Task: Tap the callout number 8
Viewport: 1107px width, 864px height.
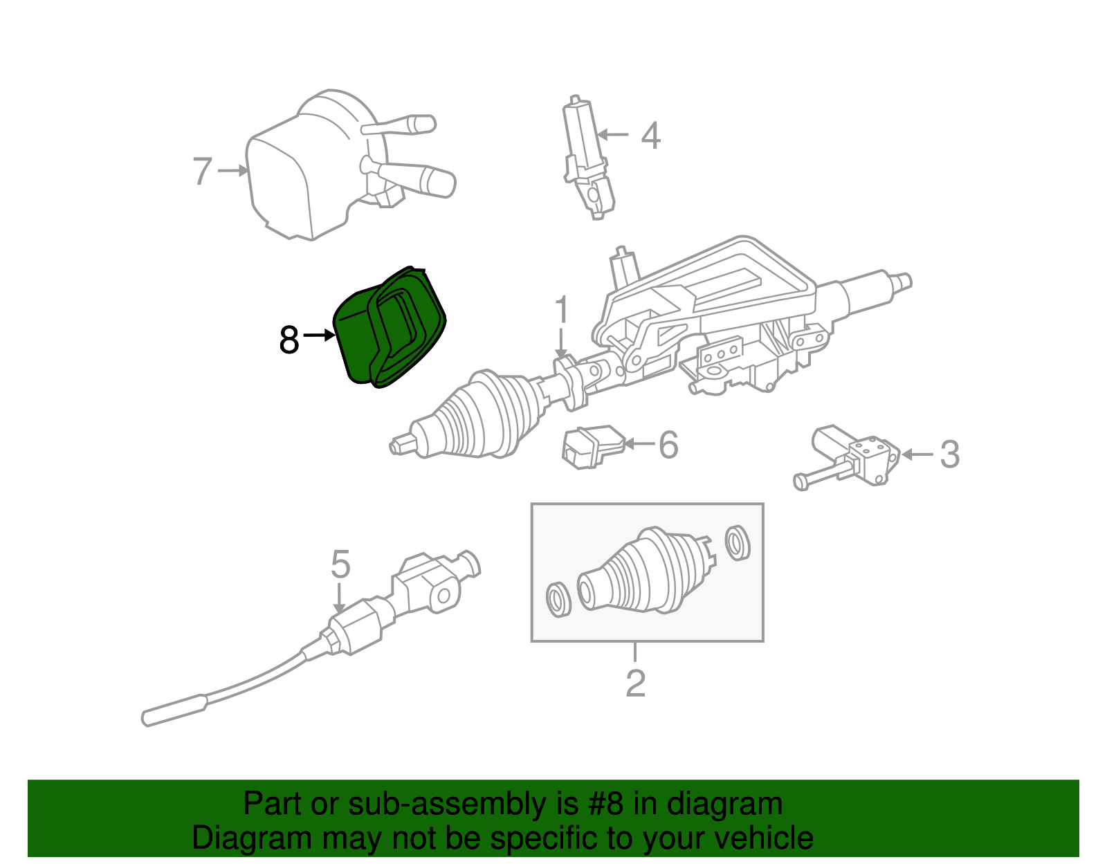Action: point(289,340)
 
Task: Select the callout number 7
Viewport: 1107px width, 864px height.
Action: point(201,171)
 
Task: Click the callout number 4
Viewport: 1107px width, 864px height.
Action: point(650,136)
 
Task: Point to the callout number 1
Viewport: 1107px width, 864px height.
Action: point(562,310)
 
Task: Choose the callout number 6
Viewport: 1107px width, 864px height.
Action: point(668,445)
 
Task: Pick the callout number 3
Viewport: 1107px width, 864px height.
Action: point(949,454)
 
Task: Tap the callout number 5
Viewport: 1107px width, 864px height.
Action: point(340,565)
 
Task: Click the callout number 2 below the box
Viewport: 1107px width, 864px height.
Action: point(635,683)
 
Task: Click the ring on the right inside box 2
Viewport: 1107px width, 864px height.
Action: point(738,542)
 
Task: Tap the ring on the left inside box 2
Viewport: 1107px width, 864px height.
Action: point(557,598)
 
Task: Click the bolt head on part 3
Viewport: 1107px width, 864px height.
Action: point(801,481)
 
